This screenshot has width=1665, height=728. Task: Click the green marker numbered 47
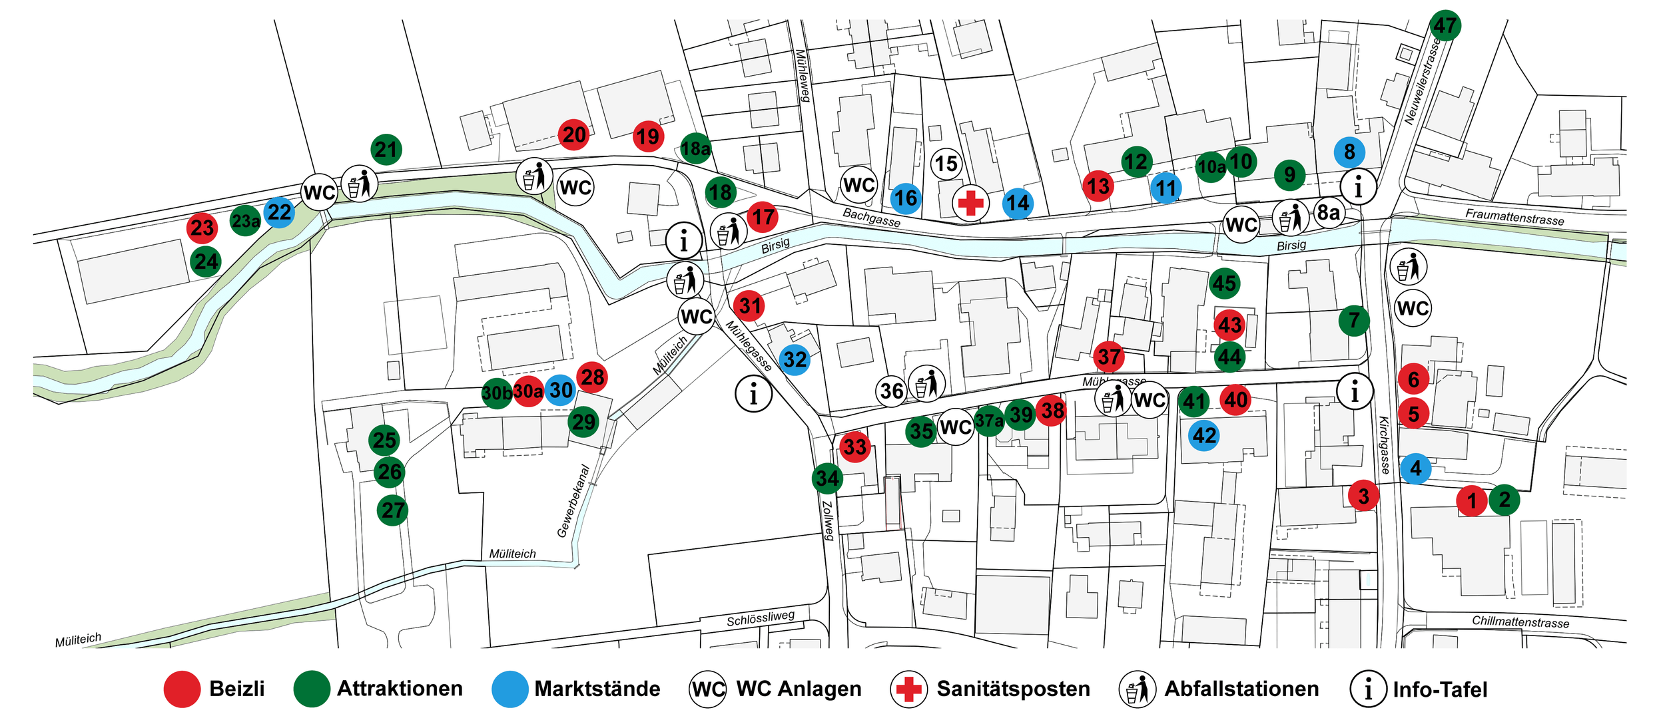click(x=1445, y=25)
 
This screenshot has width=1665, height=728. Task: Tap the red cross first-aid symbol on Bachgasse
click(x=970, y=203)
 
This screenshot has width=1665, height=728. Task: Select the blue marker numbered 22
click(x=279, y=212)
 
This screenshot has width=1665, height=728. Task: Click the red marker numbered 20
click(x=573, y=134)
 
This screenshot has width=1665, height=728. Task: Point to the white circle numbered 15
click(x=946, y=164)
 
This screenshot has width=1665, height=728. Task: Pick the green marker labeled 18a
click(x=695, y=148)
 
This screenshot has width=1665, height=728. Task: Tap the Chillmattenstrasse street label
click(x=1520, y=622)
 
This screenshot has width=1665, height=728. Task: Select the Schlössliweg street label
click(x=761, y=618)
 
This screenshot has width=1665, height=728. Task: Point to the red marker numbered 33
click(x=854, y=447)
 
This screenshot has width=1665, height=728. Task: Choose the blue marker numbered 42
click(x=1204, y=435)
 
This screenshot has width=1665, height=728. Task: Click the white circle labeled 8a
click(x=1328, y=213)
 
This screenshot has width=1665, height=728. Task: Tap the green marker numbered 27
click(x=392, y=510)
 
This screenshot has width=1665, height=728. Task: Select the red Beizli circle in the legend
click(x=182, y=689)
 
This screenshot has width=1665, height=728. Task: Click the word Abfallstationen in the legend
click(x=1241, y=689)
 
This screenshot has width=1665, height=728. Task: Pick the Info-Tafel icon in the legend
click(x=1368, y=689)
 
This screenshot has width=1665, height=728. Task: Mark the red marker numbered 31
click(x=749, y=306)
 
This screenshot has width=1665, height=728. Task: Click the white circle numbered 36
click(x=891, y=391)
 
